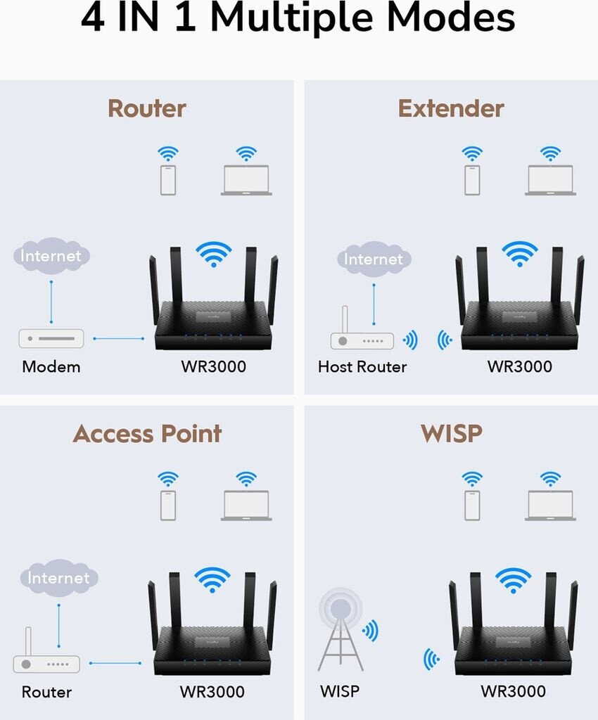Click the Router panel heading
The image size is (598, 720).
(147, 109)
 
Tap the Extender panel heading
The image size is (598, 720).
(451, 109)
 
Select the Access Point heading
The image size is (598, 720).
(147, 433)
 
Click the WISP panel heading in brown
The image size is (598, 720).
(452, 433)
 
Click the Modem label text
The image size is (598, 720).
(51, 366)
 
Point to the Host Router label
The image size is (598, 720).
(362, 366)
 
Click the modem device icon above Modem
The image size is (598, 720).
(51, 338)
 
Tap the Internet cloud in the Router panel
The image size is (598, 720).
(51, 256)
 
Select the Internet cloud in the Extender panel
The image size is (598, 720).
(374, 259)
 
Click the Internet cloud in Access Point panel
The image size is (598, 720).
(58, 578)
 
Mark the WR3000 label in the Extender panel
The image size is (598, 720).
(519, 366)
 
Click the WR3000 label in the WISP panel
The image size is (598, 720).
(514, 691)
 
